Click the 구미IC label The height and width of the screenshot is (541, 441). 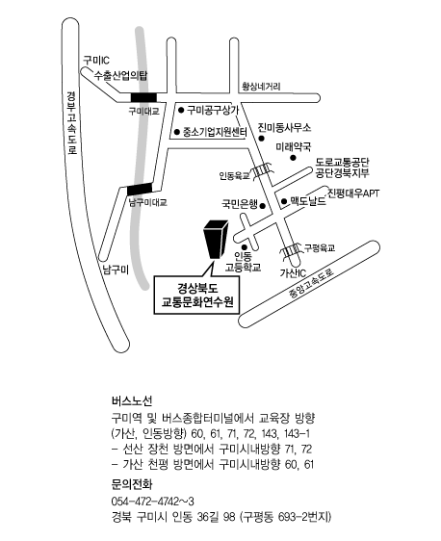(96, 61)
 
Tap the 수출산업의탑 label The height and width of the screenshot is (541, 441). (120, 75)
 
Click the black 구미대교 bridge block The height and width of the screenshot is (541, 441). (143, 97)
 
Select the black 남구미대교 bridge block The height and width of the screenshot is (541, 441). (140, 189)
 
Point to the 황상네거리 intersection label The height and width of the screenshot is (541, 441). (261, 86)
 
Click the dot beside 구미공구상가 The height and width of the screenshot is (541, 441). (181, 110)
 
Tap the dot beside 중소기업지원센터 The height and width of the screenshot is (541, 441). (177, 132)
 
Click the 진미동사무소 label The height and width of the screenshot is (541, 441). (284, 127)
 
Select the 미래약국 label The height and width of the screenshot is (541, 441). (294, 147)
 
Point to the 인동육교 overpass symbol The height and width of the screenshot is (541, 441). (263, 171)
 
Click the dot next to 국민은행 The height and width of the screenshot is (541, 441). (262, 206)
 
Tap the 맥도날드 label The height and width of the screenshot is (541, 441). (308, 201)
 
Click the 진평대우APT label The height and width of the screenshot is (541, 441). (352, 193)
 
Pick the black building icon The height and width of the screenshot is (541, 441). (216, 239)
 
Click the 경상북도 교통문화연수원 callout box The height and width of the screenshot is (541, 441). (196, 295)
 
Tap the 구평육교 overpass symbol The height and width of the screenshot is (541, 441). (291, 250)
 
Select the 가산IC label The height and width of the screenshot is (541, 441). (293, 273)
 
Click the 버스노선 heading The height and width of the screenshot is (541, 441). (132, 400)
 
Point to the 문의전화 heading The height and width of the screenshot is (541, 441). (132, 484)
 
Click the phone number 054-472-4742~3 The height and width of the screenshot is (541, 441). (153, 501)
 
